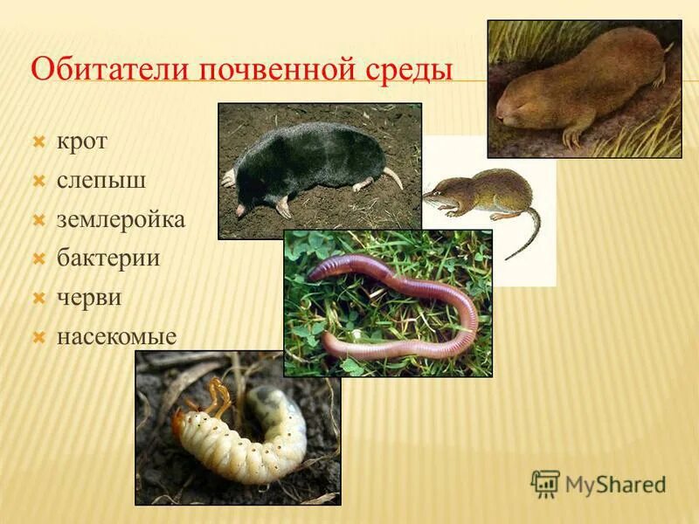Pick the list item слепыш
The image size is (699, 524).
[100, 181]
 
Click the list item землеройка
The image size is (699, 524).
[121, 220]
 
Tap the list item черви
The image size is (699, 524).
[89, 298]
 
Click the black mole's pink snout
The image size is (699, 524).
[239, 210]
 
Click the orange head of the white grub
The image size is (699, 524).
[180, 424]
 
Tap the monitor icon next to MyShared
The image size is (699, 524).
[546, 483]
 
